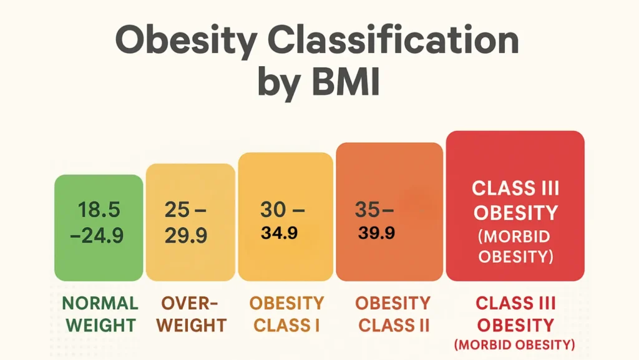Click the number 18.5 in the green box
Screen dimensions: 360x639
pos(99,210)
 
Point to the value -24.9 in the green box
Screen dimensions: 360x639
pos(99,236)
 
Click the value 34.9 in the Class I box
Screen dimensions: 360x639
pos(279,234)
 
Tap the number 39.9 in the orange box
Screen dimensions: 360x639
pos(376,233)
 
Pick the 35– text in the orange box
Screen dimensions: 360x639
pos(375,210)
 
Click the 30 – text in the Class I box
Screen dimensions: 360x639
pos(282,210)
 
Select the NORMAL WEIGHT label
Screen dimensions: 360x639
pos(100,314)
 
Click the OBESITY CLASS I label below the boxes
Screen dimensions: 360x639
pos(287,314)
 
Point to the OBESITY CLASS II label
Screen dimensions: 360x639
pos(393,314)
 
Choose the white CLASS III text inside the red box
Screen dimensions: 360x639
pos(515,188)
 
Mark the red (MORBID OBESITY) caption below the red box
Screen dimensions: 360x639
pos(515,344)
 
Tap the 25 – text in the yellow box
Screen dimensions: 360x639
pos(186,210)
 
